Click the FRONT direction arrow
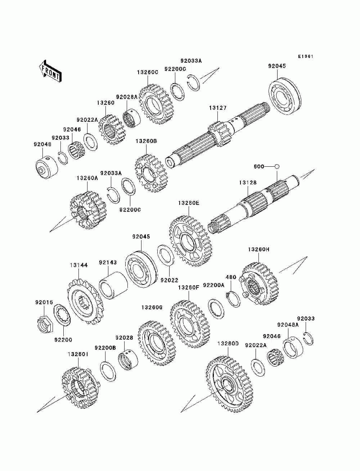50,70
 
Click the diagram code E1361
306,57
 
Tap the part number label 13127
217,108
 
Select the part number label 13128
248,183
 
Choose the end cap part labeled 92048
47,167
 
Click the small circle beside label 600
277,166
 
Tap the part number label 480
230,277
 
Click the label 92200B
105,348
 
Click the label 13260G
152,308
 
